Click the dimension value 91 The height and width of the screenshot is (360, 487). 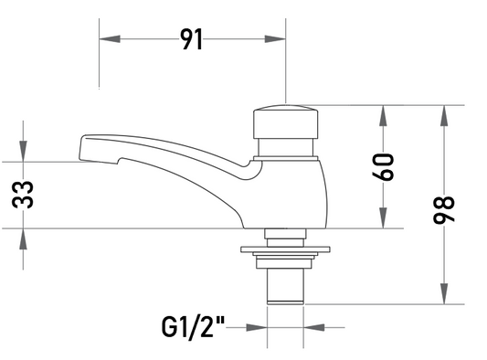(192, 39)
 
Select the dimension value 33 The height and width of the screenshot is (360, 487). (23, 195)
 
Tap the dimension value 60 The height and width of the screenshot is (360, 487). (383, 167)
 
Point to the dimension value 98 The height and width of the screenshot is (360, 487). (444, 209)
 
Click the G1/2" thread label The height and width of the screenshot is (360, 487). (193, 327)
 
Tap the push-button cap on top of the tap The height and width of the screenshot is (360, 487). (285, 122)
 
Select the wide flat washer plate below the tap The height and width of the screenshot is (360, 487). (285, 249)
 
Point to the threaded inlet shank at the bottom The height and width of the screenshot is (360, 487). (285, 286)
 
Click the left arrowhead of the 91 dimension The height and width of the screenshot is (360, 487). (110, 39)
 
